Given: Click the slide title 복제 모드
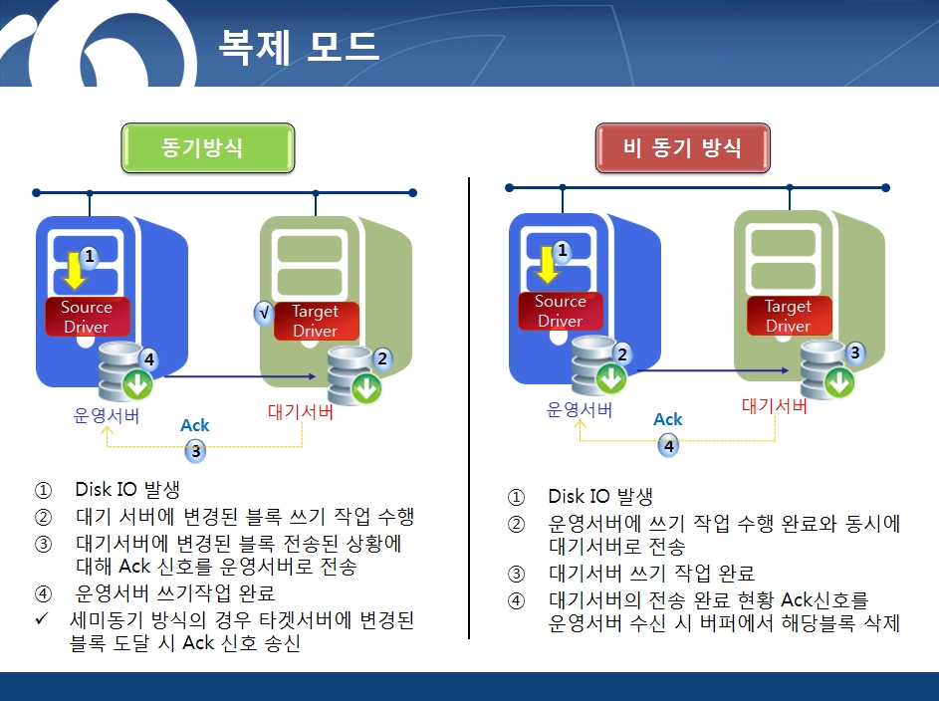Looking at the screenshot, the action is point(299,46).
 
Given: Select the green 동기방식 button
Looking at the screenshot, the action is point(208,147).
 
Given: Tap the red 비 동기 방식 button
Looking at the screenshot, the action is point(683,147).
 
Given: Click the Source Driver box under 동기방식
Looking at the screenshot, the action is point(88,317).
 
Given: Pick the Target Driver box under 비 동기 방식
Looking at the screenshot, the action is point(789,316).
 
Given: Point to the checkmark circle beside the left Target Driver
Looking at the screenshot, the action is point(264,313).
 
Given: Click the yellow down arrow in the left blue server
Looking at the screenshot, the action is point(75,271).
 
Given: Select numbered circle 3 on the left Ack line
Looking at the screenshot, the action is point(195,451).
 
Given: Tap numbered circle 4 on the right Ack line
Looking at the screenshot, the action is point(668,446).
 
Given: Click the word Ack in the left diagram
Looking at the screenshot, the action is point(195,425).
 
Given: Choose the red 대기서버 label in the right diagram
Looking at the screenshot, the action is point(775,406).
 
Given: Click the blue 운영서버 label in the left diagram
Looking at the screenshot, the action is point(106,415).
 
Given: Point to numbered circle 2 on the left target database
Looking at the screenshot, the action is point(382,358).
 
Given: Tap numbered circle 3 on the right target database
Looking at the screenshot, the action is point(855,352).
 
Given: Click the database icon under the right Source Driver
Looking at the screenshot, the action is point(598,366).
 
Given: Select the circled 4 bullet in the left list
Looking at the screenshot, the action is point(43,593).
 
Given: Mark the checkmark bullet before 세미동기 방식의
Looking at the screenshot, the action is point(41,618).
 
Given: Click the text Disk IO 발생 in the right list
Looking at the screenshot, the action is point(600,496).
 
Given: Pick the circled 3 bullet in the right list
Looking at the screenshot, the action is point(516,575).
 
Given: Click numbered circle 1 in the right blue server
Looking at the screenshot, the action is point(562,250).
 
